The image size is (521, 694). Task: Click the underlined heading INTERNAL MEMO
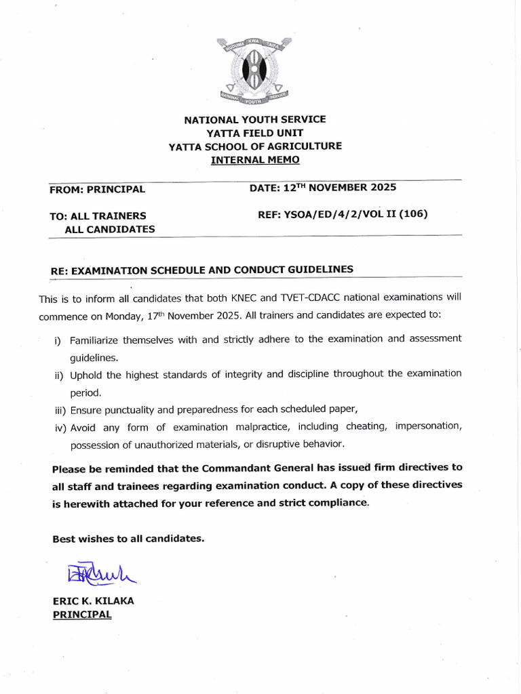255,160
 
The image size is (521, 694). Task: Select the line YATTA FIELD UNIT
255,133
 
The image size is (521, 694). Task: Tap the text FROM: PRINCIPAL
97,190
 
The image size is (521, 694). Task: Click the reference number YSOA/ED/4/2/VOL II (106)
343,214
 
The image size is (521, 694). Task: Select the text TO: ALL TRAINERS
98,216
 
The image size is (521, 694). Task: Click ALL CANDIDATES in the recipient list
109,229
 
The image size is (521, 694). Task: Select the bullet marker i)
58,340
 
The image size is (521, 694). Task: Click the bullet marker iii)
60,410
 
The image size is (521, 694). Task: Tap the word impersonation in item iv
428,426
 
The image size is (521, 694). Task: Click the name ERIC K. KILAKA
93,601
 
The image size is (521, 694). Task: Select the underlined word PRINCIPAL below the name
82,614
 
